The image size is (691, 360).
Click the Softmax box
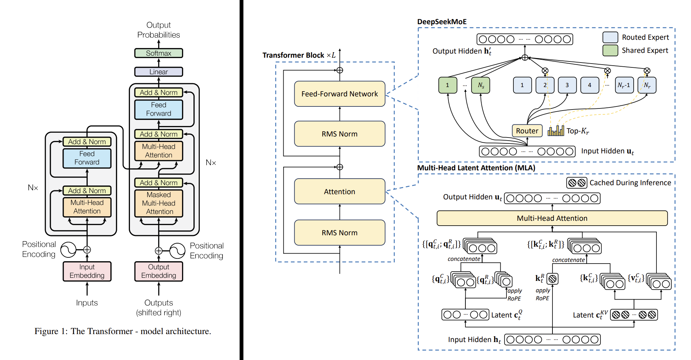(159, 53)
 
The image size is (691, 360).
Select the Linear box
(159, 72)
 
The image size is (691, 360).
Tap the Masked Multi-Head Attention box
(159, 203)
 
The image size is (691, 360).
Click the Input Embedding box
(87, 271)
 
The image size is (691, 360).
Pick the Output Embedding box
(159, 271)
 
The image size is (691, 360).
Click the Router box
(527, 131)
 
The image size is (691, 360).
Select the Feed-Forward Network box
(340, 94)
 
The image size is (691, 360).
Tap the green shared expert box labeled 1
(448, 85)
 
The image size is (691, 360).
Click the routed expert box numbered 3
(567, 85)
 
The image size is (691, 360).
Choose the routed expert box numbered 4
(590, 85)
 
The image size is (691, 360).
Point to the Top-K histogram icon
(556, 131)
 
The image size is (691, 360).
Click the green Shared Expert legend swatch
(610, 50)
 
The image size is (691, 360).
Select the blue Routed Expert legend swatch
(610, 37)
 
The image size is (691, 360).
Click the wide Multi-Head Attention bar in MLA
(552, 218)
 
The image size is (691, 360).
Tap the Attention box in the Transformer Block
(340, 191)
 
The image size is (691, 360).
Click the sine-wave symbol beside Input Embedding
(68, 250)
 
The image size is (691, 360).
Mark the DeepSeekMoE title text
(442, 22)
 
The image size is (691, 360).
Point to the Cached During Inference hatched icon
(577, 183)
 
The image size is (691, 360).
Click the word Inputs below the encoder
(87, 303)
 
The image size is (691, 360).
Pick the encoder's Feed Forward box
(87, 158)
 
